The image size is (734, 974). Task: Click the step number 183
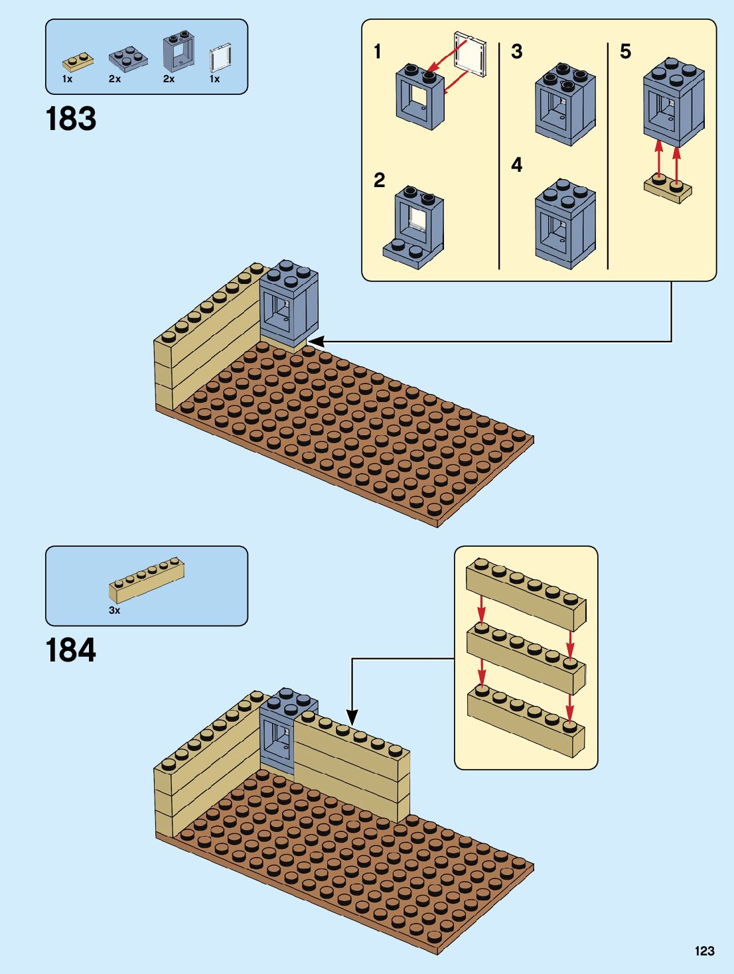coord(71,119)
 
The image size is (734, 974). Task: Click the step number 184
coord(71,650)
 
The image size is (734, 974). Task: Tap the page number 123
coord(704,951)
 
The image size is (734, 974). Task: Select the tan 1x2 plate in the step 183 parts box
coord(78,62)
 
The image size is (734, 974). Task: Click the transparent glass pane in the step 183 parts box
coord(220,58)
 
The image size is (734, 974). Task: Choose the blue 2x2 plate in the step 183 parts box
coord(127,58)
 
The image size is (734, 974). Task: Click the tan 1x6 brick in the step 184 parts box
coord(147,580)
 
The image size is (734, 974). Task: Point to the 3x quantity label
coord(114,610)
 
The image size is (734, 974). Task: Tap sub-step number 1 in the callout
coord(377,52)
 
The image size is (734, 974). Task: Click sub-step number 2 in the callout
coord(379,180)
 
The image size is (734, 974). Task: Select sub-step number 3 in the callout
coord(516,52)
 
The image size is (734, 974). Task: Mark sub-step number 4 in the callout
coord(516,165)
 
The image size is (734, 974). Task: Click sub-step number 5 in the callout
coord(625,52)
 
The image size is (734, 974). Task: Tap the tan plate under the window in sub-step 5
coord(668,189)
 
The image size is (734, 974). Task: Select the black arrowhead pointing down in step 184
coord(352,717)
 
